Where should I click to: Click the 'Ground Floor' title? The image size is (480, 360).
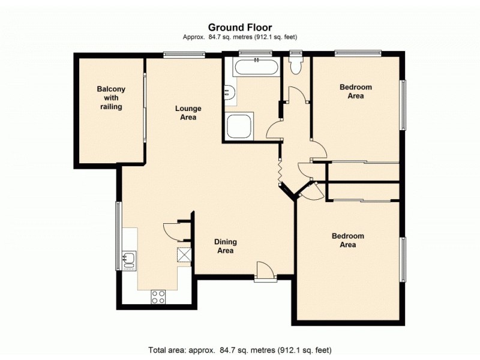coord(240,27)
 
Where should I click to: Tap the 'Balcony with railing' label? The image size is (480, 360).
coord(111,98)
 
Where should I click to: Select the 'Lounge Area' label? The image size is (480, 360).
coord(188,113)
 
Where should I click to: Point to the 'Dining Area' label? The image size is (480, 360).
coord(226,246)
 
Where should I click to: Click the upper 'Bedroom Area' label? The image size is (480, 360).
coord(356,91)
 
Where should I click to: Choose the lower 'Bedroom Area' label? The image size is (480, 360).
coord(348,240)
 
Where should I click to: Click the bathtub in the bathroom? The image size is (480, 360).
coord(256,67)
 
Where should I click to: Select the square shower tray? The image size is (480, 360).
coord(240,125)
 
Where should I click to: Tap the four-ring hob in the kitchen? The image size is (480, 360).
coord(158,296)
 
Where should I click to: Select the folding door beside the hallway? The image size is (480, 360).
coord(280,173)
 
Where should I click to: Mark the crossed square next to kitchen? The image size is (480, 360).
coord(184,256)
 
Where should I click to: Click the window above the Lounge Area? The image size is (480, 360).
coord(184,56)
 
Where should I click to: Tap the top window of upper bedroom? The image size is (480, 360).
coord(358,53)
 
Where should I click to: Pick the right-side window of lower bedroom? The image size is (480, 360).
coord(403,259)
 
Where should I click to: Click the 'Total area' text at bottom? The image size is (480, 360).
coord(240,349)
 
